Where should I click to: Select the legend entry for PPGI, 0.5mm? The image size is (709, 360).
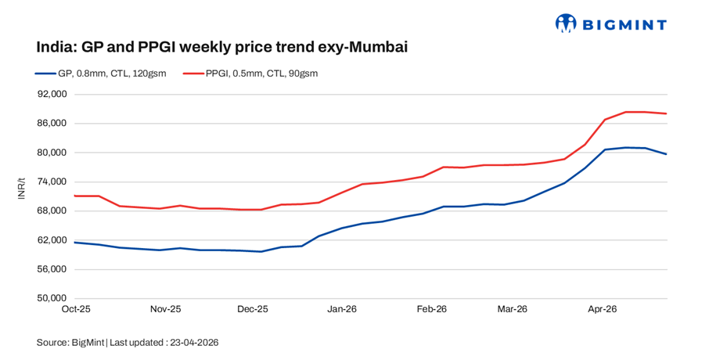[x=250, y=74]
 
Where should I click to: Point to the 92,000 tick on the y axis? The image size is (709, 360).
[x=54, y=95]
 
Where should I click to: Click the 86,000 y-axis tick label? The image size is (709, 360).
[x=54, y=124]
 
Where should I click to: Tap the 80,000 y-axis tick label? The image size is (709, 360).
[x=54, y=153]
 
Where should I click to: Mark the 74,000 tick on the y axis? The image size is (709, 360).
[x=54, y=182]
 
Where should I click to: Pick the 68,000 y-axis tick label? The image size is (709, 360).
[x=54, y=211]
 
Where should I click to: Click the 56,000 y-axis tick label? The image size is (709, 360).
[x=54, y=269]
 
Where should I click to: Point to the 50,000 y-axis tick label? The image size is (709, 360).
[x=54, y=298]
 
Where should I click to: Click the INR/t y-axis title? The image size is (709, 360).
[x=22, y=189]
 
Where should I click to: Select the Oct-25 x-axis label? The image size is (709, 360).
[x=76, y=310]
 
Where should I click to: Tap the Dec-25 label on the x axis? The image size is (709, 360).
[x=253, y=310]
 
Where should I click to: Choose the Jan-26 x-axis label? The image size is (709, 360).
[x=343, y=310]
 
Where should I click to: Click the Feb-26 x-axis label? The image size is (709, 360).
[x=431, y=310]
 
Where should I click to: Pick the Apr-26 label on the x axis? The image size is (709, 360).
[x=602, y=310]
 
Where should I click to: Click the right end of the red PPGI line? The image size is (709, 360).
[x=667, y=113]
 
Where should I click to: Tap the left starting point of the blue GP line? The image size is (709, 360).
[x=75, y=243]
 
